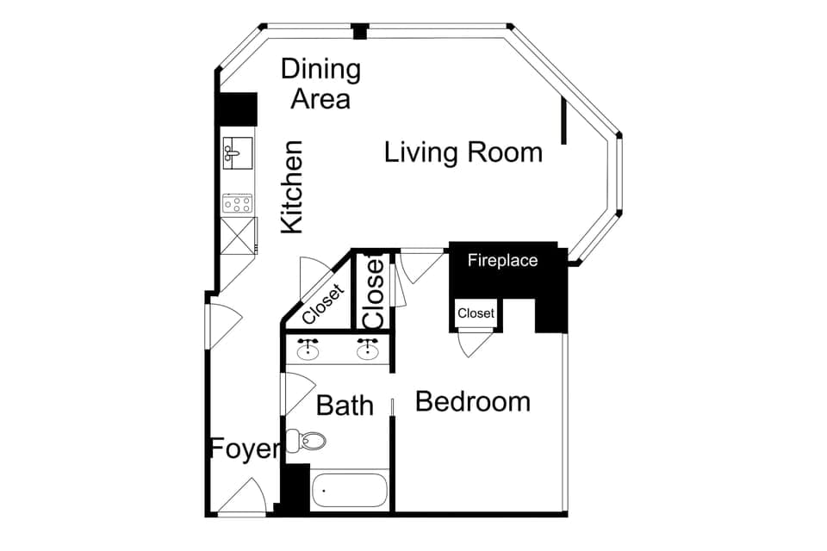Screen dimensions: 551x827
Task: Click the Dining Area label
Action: tap(320, 84)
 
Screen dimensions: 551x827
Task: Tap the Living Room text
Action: tap(463, 153)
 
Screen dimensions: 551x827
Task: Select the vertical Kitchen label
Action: tap(293, 187)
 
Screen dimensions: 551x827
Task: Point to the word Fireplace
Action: tap(502, 260)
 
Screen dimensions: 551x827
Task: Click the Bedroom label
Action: tap(472, 402)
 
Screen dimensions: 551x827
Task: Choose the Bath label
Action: tap(345, 405)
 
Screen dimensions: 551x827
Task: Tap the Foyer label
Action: tap(246, 449)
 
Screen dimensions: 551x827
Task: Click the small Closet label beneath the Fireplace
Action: tap(476, 313)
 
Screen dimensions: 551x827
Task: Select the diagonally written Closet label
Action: tap(323, 304)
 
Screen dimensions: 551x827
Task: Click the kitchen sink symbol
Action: tap(237, 152)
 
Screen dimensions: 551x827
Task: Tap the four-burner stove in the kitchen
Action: tap(237, 203)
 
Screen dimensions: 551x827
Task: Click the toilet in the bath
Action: tap(308, 441)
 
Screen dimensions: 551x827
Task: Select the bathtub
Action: tap(349, 491)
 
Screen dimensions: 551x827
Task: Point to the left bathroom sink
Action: tap(308, 349)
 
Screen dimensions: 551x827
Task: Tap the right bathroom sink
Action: tap(369, 349)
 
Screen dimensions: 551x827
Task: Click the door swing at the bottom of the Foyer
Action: tap(242, 498)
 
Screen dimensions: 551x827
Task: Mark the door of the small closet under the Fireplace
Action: tap(476, 343)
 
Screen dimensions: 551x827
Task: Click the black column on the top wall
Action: tap(360, 32)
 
